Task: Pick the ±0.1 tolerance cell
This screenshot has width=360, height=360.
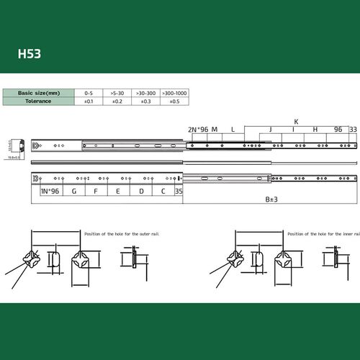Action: [89, 102]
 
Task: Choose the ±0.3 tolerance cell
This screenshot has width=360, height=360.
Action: [146, 102]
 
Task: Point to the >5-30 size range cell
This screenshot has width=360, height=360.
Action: [118, 94]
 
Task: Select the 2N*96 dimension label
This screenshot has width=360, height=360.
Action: [197, 130]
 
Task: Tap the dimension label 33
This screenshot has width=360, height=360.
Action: [352, 130]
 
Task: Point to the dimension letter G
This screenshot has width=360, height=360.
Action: [74, 192]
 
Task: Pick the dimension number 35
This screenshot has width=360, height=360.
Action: [179, 192]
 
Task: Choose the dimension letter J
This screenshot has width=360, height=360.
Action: [270, 130]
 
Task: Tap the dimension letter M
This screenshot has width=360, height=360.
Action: [215, 130]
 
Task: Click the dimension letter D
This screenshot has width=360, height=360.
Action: [141, 192]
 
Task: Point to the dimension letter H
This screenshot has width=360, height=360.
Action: [315, 130]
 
